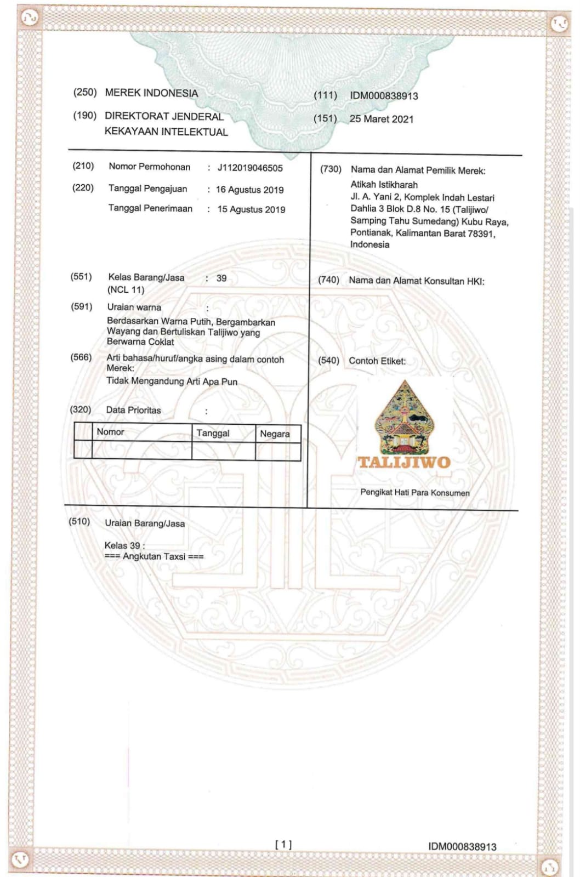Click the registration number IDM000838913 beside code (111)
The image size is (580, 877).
pos(384,96)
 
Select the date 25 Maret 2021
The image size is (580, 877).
pos(382,119)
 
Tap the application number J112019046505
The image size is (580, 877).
pos(250,168)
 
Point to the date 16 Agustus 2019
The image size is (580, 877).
pos(250,190)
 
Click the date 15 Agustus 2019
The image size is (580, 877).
pos(251,209)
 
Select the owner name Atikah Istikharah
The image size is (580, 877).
pos(384,185)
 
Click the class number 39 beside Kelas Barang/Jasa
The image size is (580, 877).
pos(221,278)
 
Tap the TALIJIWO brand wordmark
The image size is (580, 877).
pos(404,462)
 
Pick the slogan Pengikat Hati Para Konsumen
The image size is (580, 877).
pos(414,492)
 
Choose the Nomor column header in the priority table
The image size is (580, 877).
pos(110,432)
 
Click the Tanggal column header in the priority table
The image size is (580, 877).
pos(213,433)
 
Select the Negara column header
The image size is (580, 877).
pos(275,434)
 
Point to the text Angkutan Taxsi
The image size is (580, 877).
pos(154,556)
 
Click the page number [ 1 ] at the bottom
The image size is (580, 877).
pos(283,845)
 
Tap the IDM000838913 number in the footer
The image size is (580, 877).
pos(462,847)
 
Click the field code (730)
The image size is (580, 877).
pos(331,169)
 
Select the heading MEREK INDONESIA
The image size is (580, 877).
pos(151,93)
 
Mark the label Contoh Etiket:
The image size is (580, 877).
pos(377,361)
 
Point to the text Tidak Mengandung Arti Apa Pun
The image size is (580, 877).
pos(172,381)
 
